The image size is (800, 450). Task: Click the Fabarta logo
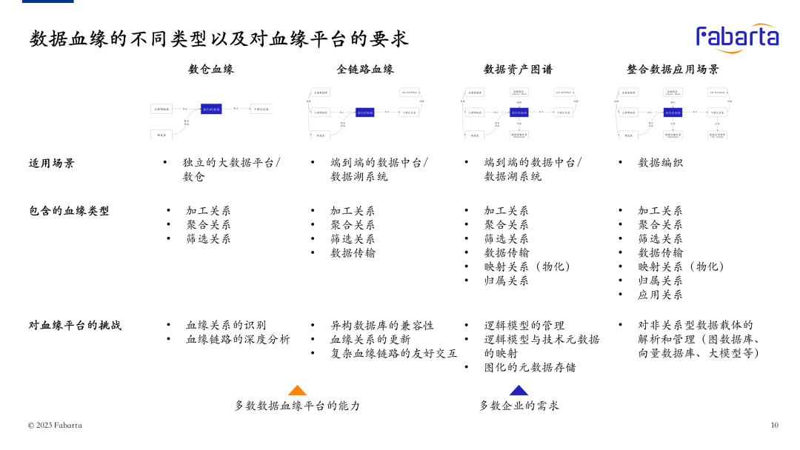tap(737, 38)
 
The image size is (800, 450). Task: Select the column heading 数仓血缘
tap(211, 70)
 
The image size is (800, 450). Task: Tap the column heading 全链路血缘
tap(365, 70)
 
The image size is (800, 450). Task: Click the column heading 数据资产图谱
tap(518, 70)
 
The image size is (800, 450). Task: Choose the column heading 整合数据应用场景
tap(673, 70)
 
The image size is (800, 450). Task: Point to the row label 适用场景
tap(52, 163)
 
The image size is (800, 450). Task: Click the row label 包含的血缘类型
tap(69, 211)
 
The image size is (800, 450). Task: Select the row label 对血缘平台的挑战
tap(75, 325)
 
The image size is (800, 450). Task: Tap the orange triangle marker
tap(297, 391)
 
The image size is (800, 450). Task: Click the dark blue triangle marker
tap(519, 391)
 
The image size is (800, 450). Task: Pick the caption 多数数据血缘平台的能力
tap(297, 406)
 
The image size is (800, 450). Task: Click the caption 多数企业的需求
tap(519, 406)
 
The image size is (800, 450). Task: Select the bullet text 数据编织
tap(660, 163)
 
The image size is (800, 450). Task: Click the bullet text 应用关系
tap(660, 295)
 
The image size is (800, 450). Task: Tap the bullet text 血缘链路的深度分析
tap(238, 340)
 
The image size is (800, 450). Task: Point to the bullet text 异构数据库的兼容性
tap(382, 326)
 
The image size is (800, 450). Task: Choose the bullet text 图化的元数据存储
tap(530, 367)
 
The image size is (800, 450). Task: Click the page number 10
tap(774, 425)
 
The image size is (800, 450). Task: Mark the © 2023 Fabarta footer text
tap(55, 425)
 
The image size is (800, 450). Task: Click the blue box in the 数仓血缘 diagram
tap(211, 109)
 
